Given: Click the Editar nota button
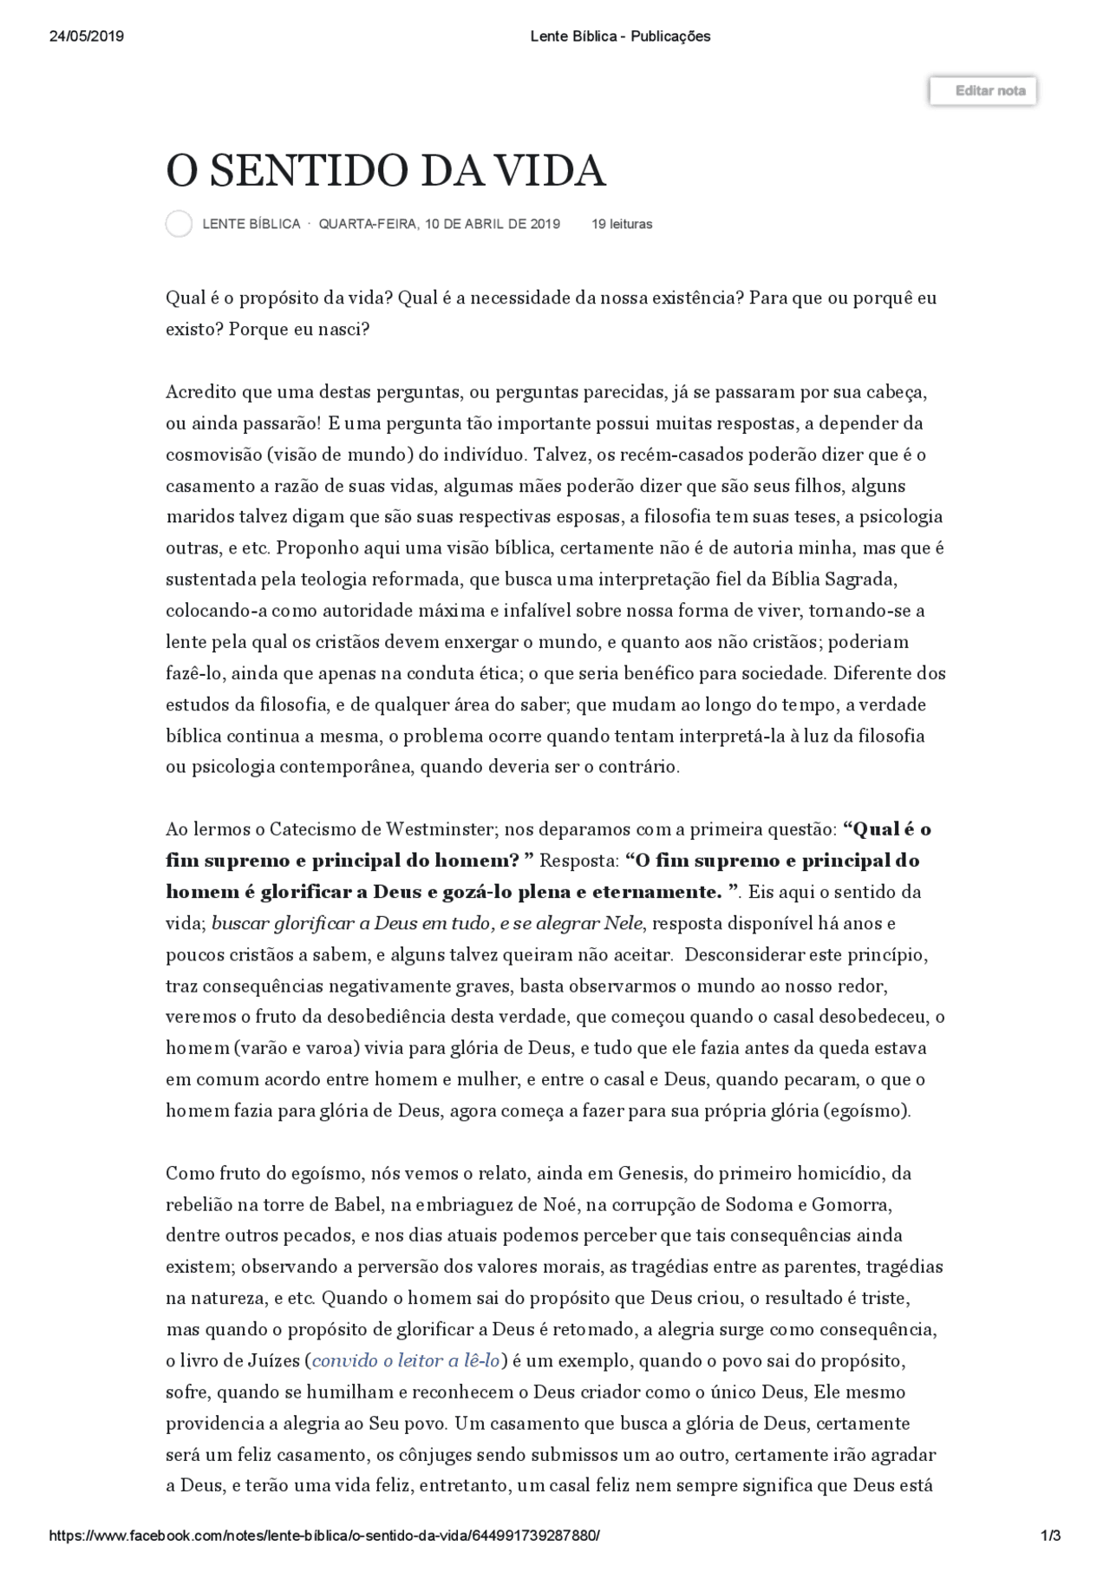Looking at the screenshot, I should point(983,91).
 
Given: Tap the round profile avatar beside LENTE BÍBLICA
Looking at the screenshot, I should point(179,224).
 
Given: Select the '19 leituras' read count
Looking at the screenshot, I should point(622,224).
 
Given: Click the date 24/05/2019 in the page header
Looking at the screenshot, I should point(87,36).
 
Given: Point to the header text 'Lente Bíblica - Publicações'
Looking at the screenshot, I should point(619,36).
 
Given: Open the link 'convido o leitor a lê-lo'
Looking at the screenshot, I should point(406,1360).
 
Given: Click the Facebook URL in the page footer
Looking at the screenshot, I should point(324,1536).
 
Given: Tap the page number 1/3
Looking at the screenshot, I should point(1050,1536).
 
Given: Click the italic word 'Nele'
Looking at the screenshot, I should point(623,923).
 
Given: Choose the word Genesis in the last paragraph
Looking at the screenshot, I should point(650,1173).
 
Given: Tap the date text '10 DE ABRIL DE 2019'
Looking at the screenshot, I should point(493,224).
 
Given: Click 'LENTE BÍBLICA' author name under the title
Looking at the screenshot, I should point(251,224).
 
